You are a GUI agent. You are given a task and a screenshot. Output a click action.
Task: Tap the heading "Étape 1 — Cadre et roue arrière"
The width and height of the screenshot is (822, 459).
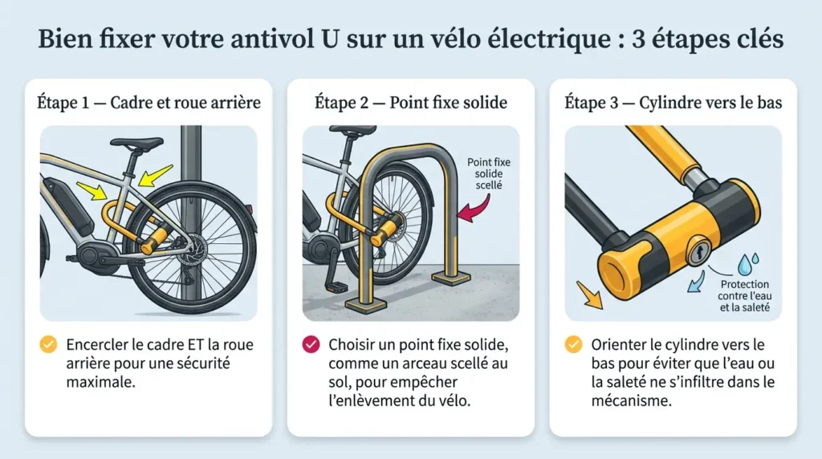[x=149, y=102]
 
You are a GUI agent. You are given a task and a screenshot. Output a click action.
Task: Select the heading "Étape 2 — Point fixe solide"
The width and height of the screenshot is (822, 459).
[x=411, y=102]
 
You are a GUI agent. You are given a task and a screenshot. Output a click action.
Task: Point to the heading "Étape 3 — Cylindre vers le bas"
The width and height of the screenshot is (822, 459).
[x=673, y=102]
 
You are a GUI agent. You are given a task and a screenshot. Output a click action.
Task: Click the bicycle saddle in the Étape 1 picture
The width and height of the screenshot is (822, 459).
[x=136, y=142]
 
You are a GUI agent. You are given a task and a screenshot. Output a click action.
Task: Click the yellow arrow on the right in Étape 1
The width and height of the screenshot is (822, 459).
[x=156, y=176]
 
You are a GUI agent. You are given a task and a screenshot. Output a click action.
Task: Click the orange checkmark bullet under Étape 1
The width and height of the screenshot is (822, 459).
[x=48, y=344]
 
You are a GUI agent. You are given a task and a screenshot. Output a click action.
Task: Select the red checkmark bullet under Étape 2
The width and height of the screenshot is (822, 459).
[x=311, y=344]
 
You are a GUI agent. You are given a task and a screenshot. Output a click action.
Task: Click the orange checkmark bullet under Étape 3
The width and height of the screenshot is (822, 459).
[x=573, y=344]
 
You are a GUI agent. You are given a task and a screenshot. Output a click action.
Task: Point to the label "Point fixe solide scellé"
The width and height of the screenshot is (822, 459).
[x=489, y=173]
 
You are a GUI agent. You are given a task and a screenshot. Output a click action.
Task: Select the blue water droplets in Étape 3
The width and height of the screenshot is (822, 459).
[x=747, y=263]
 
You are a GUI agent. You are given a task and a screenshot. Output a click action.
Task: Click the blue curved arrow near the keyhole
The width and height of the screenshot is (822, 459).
[x=696, y=281]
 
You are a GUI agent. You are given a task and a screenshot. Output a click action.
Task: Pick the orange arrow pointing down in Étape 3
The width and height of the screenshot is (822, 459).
[x=589, y=294]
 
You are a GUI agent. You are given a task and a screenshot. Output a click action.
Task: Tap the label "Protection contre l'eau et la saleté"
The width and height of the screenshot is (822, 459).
[x=744, y=295]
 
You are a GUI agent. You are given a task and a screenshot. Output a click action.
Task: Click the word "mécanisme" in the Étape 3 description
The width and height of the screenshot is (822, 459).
[x=631, y=401]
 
